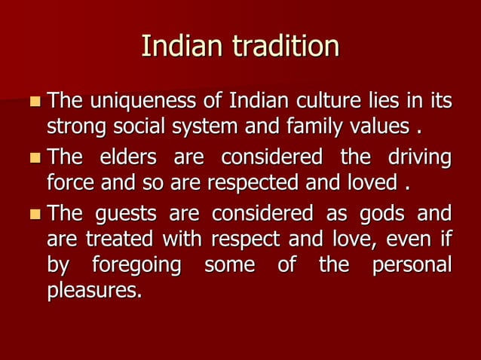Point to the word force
point(70,182)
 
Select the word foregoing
point(136,265)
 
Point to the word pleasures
point(94,289)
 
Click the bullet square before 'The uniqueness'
point(35,100)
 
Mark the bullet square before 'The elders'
point(35,159)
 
